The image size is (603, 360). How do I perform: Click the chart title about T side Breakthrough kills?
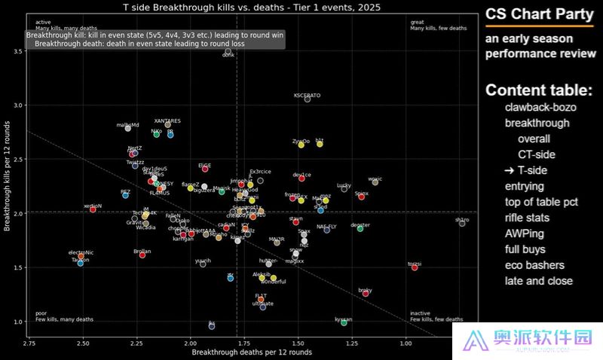(x=251, y=7)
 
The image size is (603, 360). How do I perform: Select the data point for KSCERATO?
(x=308, y=99)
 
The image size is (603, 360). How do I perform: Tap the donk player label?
(x=228, y=55)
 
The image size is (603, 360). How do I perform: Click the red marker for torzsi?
(x=415, y=267)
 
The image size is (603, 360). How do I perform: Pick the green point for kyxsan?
(x=344, y=322)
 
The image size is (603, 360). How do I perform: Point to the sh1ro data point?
(x=462, y=224)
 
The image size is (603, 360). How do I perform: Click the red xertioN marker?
(x=93, y=209)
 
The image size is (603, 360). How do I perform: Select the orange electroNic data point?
(x=81, y=257)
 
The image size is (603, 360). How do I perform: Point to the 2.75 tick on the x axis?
(x=29, y=343)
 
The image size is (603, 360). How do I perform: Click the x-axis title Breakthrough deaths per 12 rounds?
(x=251, y=352)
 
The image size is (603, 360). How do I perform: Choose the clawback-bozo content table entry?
(x=541, y=107)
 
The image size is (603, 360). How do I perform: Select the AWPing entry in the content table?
(x=524, y=233)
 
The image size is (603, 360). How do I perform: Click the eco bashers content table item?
(x=534, y=265)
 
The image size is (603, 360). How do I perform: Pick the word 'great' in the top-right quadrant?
(x=417, y=22)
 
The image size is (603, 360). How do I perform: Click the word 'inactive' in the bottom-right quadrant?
(x=420, y=313)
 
